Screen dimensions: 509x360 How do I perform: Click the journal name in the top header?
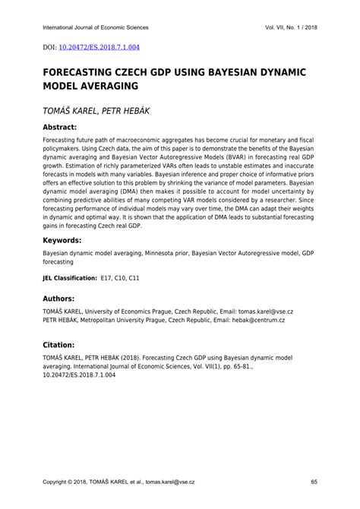[96, 27]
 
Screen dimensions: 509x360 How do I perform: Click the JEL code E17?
[107, 279]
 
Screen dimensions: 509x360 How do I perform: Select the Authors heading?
[65, 299]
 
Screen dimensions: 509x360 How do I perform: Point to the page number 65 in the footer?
[314, 482]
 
